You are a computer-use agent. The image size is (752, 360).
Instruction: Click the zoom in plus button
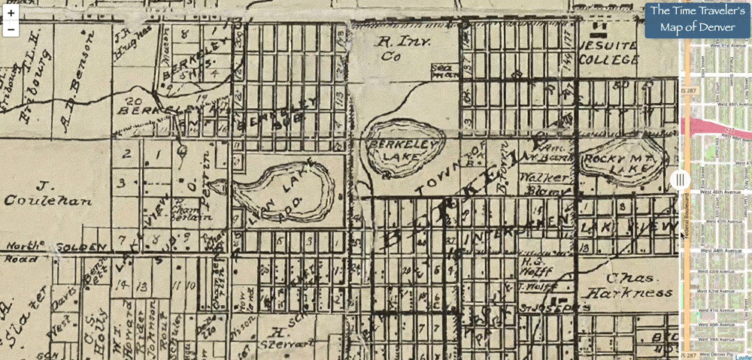coord(11,14)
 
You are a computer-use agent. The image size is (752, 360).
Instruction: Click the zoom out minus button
coord(11,29)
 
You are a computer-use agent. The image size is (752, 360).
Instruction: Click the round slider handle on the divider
coord(680,180)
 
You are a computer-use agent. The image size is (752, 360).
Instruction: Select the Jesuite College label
coord(606,50)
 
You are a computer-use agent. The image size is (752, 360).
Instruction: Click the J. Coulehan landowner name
coord(45,192)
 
